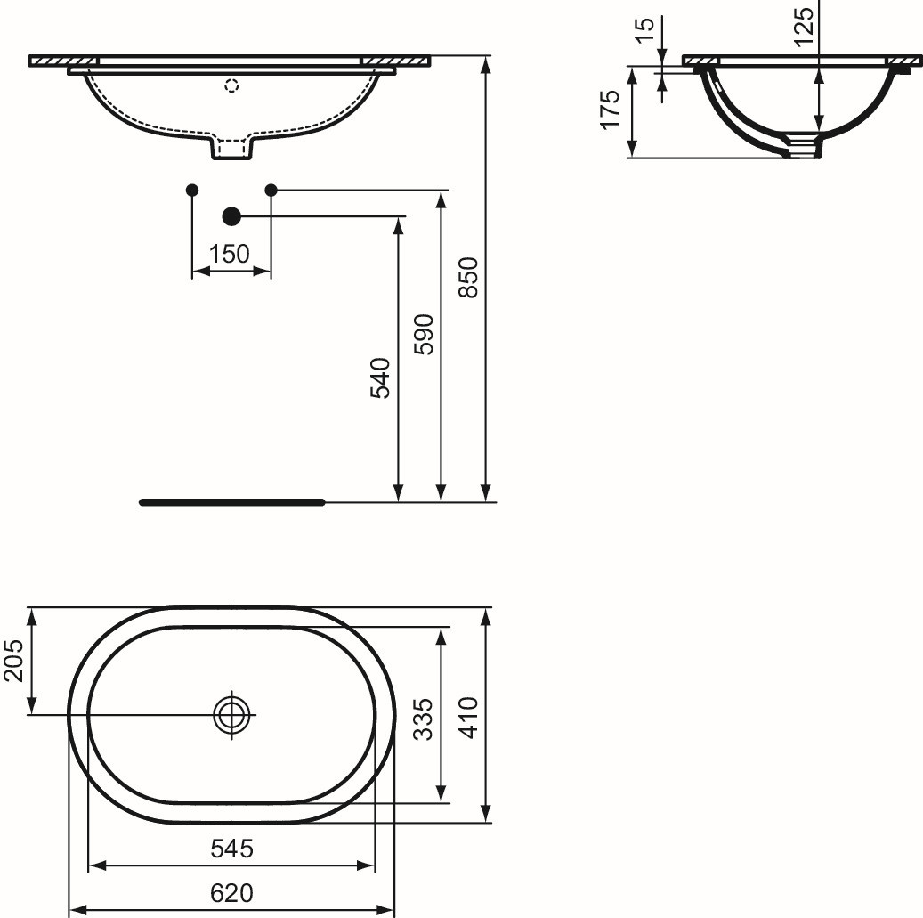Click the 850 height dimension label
[x=469, y=277]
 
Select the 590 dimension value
[x=424, y=335]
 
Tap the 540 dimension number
[x=380, y=378]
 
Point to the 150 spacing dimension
[x=230, y=254]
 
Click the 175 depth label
[x=610, y=109]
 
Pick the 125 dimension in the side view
[x=804, y=27]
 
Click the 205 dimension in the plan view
[x=13, y=661]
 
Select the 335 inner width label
[x=423, y=719]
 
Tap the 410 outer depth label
[x=469, y=717]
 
